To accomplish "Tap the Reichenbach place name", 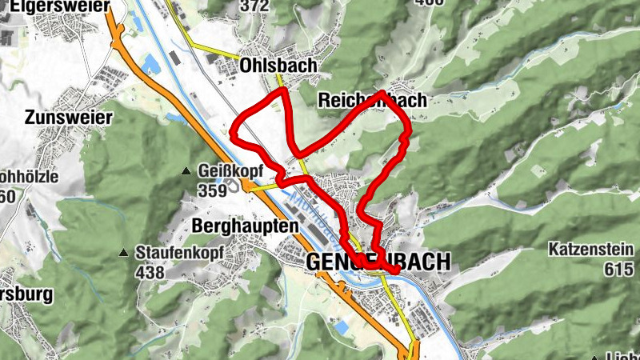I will tap(372, 101).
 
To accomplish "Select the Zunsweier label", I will tap(68, 117).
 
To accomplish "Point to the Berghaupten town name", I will tap(245, 226).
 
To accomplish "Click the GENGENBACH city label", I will tap(378, 262).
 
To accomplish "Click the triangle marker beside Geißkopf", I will tap(187, 171).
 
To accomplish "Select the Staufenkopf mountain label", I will tap(176, 253).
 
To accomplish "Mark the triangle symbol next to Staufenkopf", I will tap(124, 253).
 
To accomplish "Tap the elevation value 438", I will tap(150, 273).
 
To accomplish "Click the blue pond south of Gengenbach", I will tap(342, 327).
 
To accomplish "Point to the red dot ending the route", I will tap(394, 271).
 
